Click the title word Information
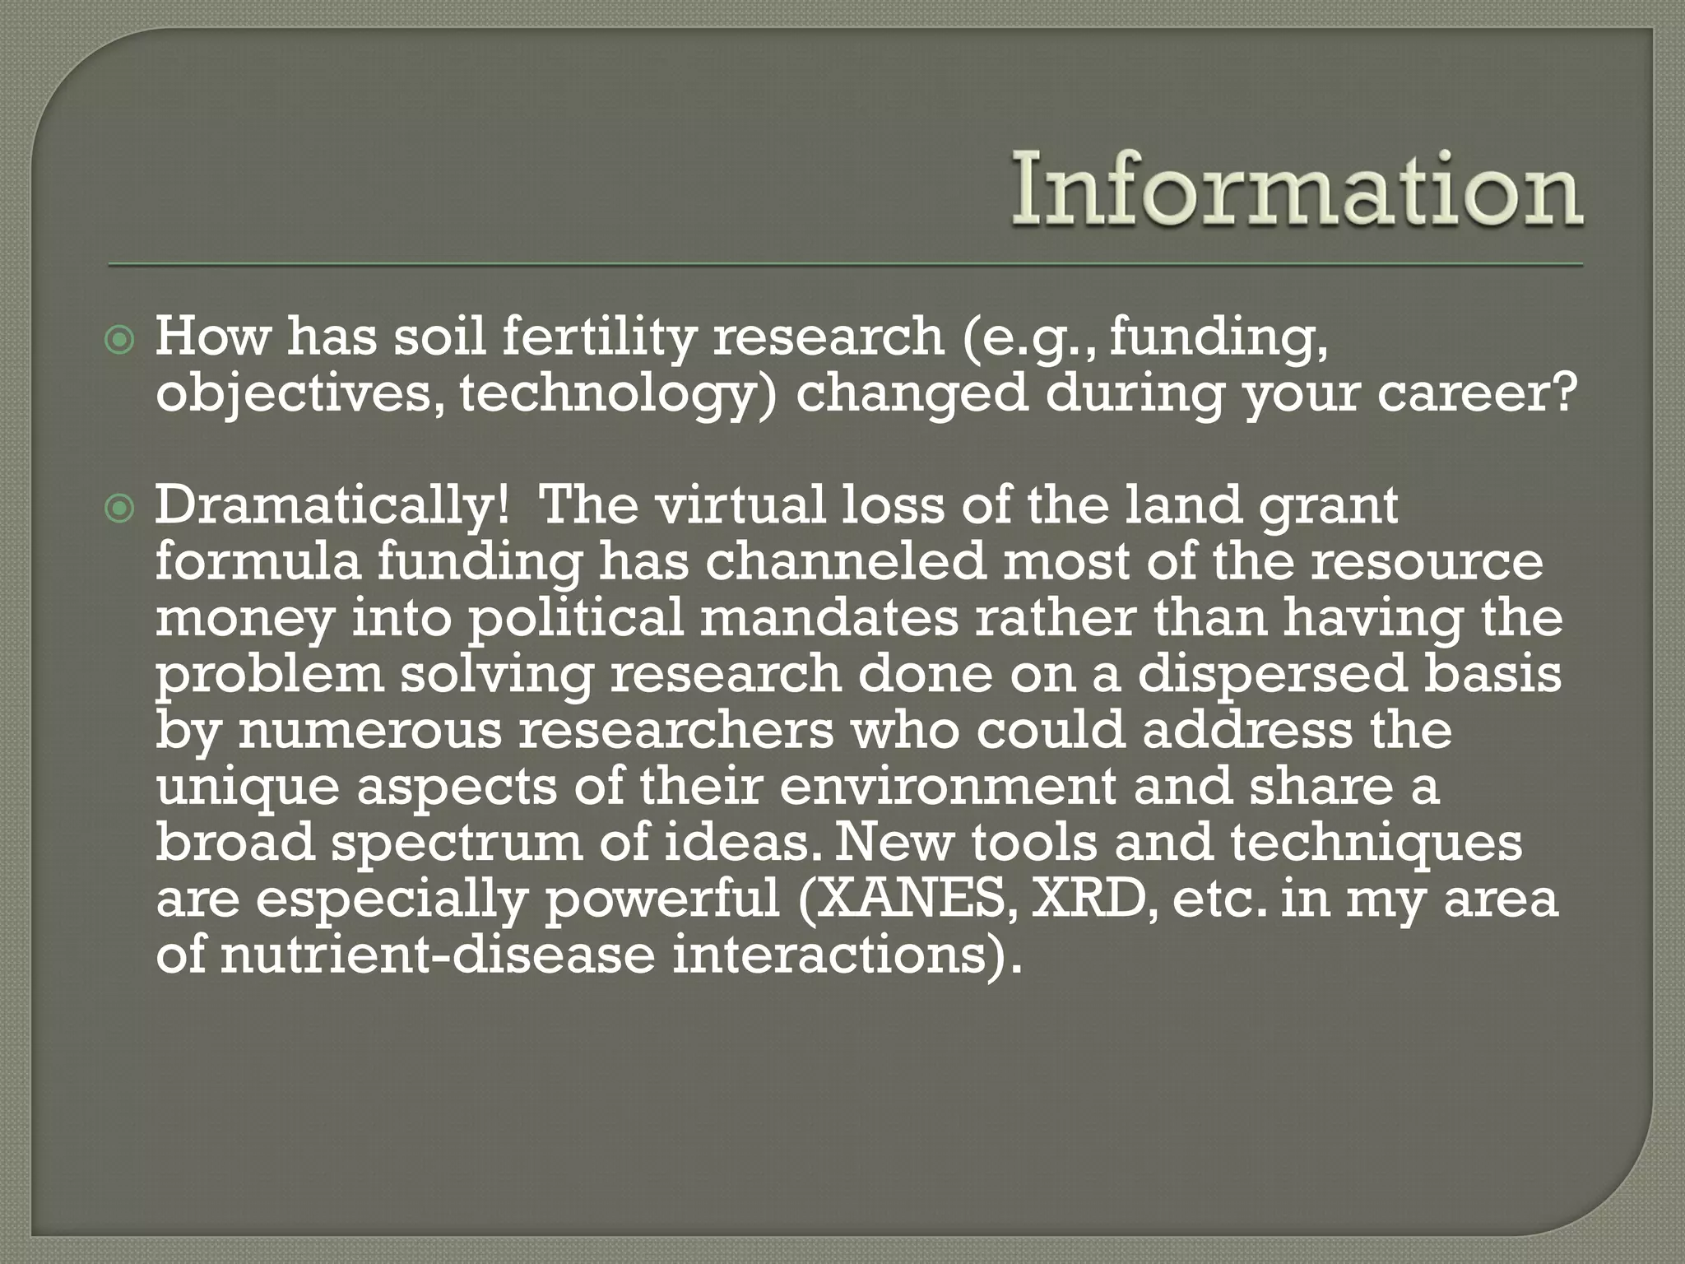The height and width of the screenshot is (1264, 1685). [x=1297, y=191]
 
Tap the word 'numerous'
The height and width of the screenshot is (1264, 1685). [x=369, y=731]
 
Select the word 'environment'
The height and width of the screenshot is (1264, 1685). [x=947, y=787]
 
